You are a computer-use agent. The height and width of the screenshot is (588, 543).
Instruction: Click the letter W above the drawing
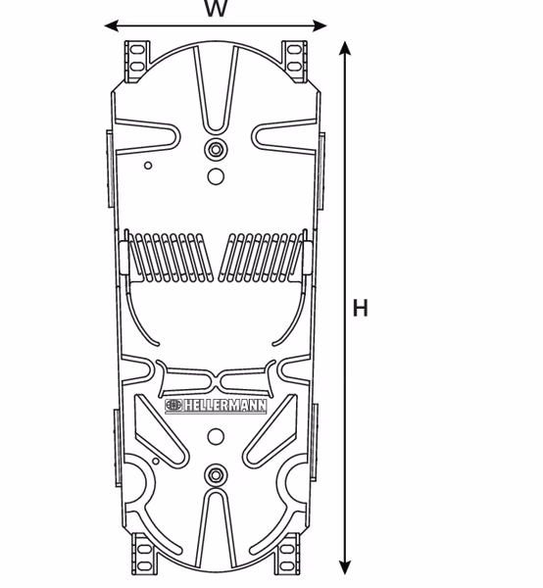tap(216, 9)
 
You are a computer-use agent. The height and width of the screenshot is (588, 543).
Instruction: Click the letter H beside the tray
tap(361, 309)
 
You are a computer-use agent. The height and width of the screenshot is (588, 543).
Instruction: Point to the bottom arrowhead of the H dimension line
tap(344, 567)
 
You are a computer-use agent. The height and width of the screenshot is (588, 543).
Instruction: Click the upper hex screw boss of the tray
tap(216, 150)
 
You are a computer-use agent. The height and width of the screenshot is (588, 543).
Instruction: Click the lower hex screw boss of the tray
tap(216, 475)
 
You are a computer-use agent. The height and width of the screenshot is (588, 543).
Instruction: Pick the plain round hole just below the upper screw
tap(216, 177)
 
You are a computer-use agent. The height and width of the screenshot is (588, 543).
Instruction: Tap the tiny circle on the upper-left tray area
tap(148, 165)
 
